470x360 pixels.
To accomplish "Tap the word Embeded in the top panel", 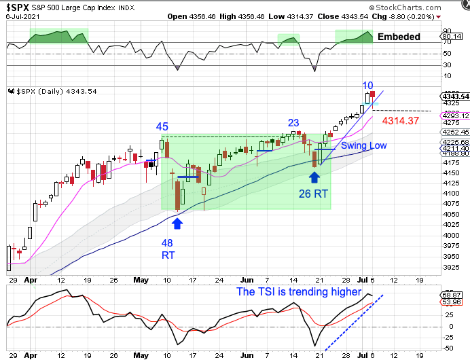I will (399, 37).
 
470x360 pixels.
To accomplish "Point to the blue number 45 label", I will (162, 126).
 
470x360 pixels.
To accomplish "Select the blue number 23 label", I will (293, 123).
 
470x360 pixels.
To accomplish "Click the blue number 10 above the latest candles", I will (367, 86).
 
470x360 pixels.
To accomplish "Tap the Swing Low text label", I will (364, 145).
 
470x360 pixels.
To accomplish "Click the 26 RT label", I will (314, 194).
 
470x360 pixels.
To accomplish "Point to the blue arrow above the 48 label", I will (177, 221).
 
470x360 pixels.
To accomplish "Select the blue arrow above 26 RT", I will (314, 177).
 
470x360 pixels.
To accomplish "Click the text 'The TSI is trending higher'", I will (299, 291).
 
